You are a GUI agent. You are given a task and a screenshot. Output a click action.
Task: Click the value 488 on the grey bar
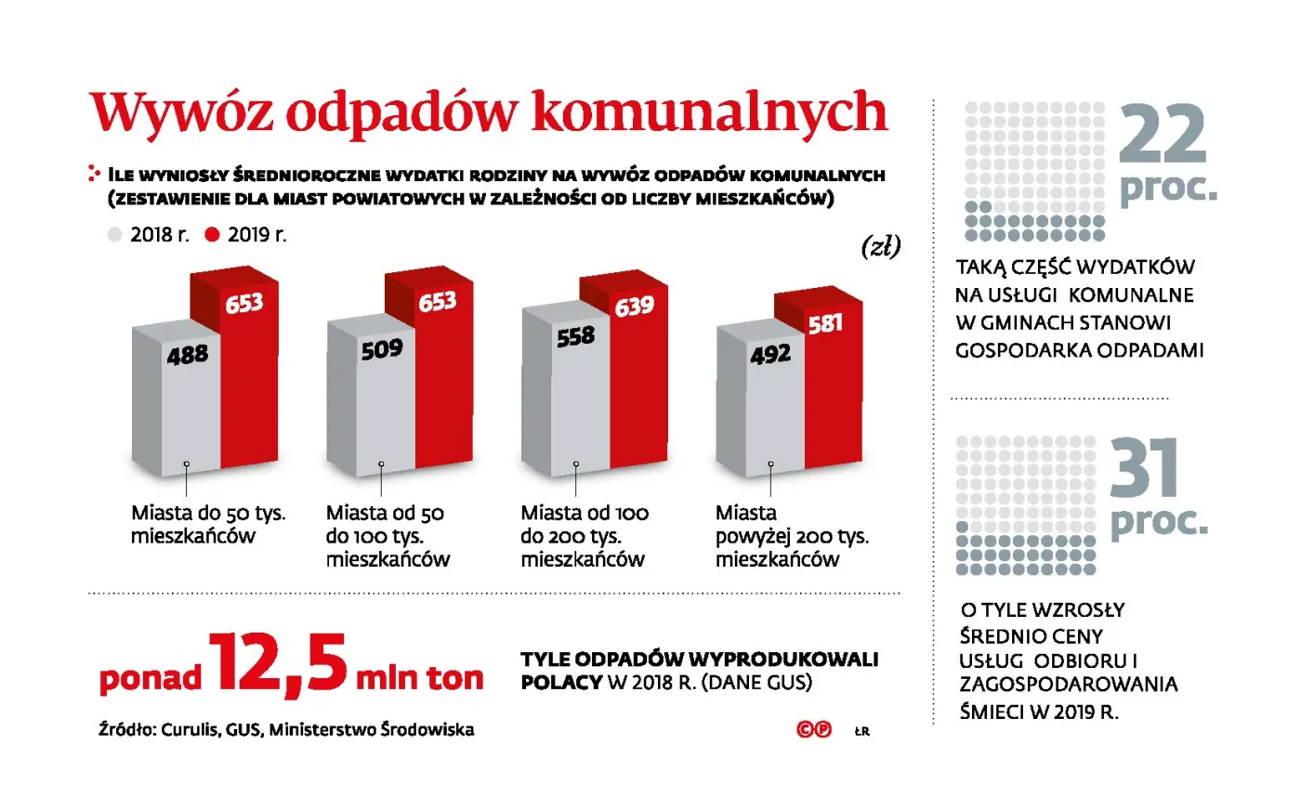(188, 355)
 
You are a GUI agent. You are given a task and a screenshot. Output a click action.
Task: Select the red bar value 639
(634, 306)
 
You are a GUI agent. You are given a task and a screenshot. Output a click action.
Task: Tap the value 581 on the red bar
(825, 323)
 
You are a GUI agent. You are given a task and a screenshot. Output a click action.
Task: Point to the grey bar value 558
(575, 336)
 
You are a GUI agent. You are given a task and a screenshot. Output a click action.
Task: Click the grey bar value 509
(382, 349)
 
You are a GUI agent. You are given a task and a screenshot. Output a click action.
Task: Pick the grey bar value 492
(770, 354)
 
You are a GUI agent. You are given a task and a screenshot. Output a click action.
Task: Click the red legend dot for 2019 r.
(212, 235)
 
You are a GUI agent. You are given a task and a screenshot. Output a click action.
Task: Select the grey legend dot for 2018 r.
(115, 235)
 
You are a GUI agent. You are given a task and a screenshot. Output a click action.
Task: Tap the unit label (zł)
(881, 246)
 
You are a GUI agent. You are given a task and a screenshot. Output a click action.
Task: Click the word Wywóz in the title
(181, 113)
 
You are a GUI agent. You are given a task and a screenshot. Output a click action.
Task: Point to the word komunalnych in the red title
(709, 113)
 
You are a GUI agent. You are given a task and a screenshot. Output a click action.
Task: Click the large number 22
(1163, 136)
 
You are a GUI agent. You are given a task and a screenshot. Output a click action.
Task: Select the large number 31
(1144, 469)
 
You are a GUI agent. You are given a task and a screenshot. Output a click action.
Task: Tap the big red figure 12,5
(278, 663)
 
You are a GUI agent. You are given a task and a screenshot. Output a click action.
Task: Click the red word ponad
(150, 678)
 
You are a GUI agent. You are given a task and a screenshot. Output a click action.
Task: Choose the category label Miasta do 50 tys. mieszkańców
(208, 524)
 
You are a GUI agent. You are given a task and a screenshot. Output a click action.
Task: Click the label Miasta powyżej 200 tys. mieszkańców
(792, 536)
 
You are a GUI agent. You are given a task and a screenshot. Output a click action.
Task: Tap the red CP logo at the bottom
(814, 730)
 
